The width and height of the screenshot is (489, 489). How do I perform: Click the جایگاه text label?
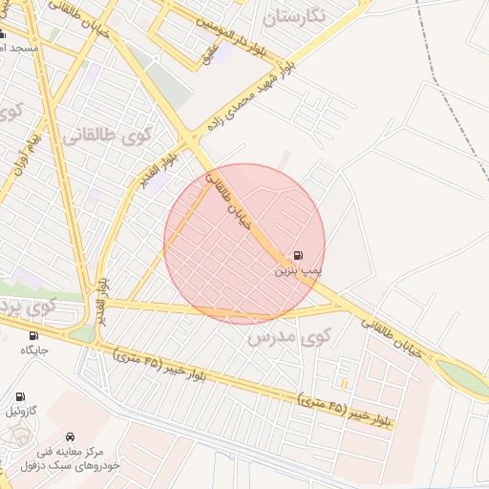point(34,350)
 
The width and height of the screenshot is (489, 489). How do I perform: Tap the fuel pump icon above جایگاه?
point(34,335)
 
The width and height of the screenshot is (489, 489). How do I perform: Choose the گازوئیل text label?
point(21,411)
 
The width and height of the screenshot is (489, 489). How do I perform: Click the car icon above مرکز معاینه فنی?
point(70,436)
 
